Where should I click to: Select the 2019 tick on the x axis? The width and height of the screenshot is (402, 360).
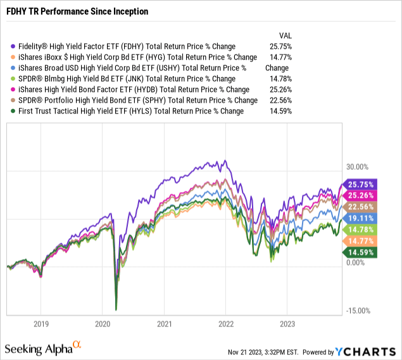coord(41,323)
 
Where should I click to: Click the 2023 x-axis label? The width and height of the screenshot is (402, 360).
coord(287,323)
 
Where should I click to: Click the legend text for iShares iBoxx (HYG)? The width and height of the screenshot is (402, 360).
coord(137,57)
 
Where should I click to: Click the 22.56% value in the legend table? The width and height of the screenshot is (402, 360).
coord(286,100)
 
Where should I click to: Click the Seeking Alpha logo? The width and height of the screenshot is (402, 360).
coord(44,347)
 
